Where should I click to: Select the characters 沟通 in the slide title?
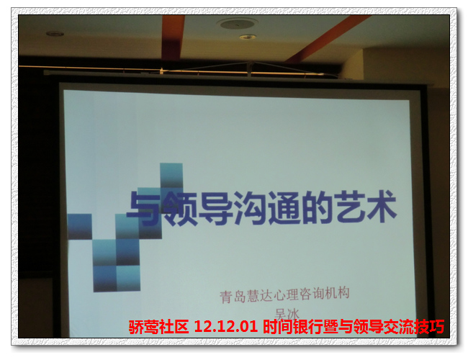tap(266, 208)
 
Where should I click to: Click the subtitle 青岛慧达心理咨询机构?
tap(284, 294)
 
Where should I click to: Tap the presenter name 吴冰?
tap(287, 314)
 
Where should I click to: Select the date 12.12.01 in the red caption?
tap(226, 326)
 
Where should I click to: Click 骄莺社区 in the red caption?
tap(158, 327)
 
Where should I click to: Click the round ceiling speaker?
tap(238, 23)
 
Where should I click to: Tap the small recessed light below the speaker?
tap(248, 37)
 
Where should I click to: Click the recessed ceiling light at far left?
tap(55, 33)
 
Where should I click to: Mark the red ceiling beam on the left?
tap(173, 37)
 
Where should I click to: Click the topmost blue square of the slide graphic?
tap(171, 176)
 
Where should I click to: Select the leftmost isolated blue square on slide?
tap(80, 226)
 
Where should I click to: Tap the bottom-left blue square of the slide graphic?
tap(105, 279)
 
